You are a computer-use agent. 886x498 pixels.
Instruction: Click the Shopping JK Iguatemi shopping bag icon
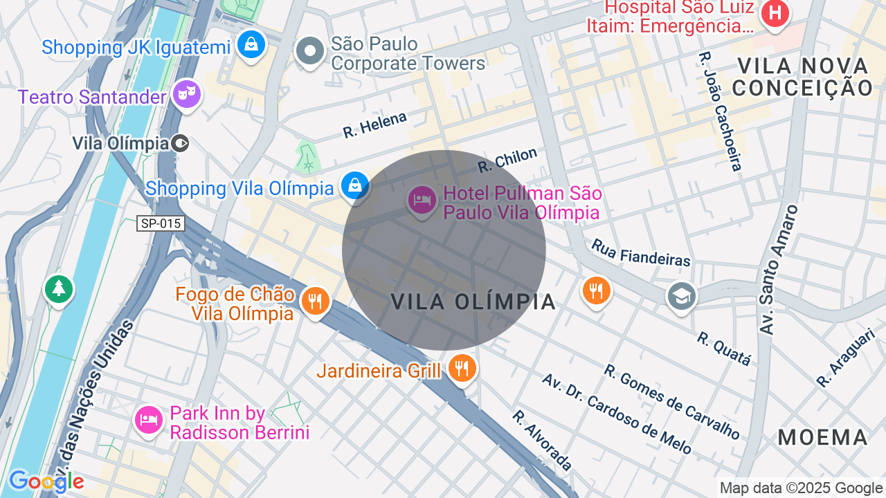point(251,46)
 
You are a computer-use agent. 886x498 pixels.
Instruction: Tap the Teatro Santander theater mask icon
point(186,94)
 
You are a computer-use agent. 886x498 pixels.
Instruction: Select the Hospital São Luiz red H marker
point(775,14)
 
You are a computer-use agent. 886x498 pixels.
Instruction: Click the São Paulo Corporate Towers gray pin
point(309,52)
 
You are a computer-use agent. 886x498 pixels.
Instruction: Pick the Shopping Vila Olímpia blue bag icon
point(354,186)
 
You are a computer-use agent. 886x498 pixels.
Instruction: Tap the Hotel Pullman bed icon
point(422,201)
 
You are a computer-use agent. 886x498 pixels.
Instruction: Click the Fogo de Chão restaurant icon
point(315,302)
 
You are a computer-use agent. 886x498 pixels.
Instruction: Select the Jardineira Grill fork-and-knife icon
point(461,369)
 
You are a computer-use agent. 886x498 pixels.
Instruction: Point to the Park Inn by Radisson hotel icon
point(149,420)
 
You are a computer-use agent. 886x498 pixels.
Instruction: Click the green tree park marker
point(59,289)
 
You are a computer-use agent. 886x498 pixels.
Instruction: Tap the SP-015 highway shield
point(160,223)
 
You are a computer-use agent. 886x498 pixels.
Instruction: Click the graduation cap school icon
point(681,297)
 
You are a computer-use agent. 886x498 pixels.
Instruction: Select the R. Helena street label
point(374,125)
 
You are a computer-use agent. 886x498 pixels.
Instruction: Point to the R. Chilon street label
point(507,160)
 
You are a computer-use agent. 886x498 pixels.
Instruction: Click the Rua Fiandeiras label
point(640,253)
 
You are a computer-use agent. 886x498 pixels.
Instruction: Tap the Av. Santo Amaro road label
point(778,270)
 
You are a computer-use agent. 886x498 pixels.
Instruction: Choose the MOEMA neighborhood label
point(822,437)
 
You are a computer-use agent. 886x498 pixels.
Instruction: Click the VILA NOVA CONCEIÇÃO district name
point(802,77)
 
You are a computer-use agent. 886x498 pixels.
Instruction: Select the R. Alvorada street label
point(542,440)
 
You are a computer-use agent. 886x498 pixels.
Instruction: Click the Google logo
point(46,481)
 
